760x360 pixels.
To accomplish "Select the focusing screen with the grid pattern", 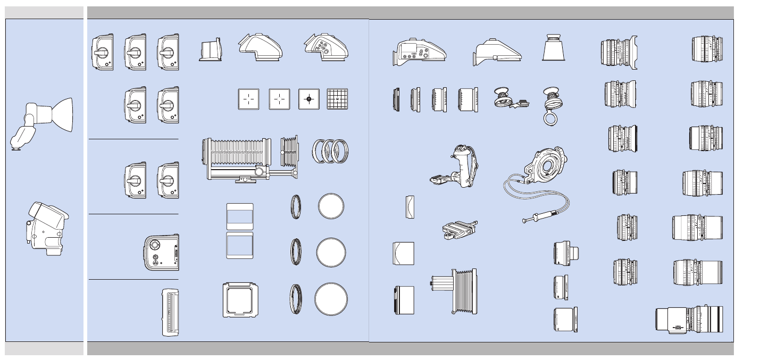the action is tap(337, 99).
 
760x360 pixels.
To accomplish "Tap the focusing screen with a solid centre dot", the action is tap(309, 99).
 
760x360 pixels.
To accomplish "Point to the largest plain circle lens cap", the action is tap(331, 299).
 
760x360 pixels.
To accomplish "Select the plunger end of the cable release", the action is tap(529, 219).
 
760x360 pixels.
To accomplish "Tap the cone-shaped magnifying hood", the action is tap(553, 48).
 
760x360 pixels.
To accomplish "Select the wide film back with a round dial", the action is tap(161, 252).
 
